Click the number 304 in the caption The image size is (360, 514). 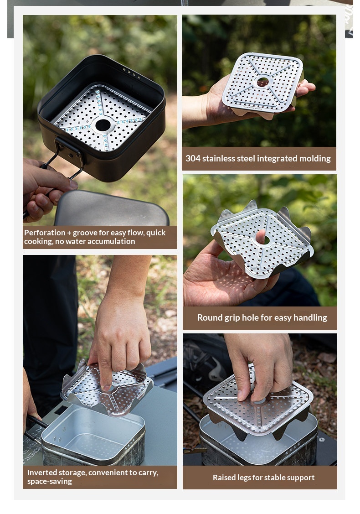click(x=193, y=158)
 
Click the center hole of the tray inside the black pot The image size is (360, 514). click(x=103, y=125)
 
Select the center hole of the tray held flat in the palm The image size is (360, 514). click(x=263, y=82)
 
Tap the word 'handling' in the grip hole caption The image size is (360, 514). click(x=310, y=318)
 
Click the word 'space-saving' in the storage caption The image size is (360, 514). click(x=50, y=482)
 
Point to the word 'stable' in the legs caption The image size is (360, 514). click(x=271, y=477)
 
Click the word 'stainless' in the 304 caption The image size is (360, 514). click(x=218, y=158)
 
